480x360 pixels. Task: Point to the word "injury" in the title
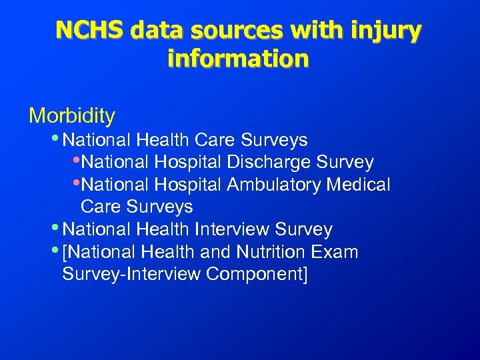388,31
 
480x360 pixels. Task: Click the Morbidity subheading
72,116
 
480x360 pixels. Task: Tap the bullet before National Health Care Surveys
54,138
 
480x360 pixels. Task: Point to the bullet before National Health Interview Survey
54,228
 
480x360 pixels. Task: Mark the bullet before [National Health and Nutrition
54,250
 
